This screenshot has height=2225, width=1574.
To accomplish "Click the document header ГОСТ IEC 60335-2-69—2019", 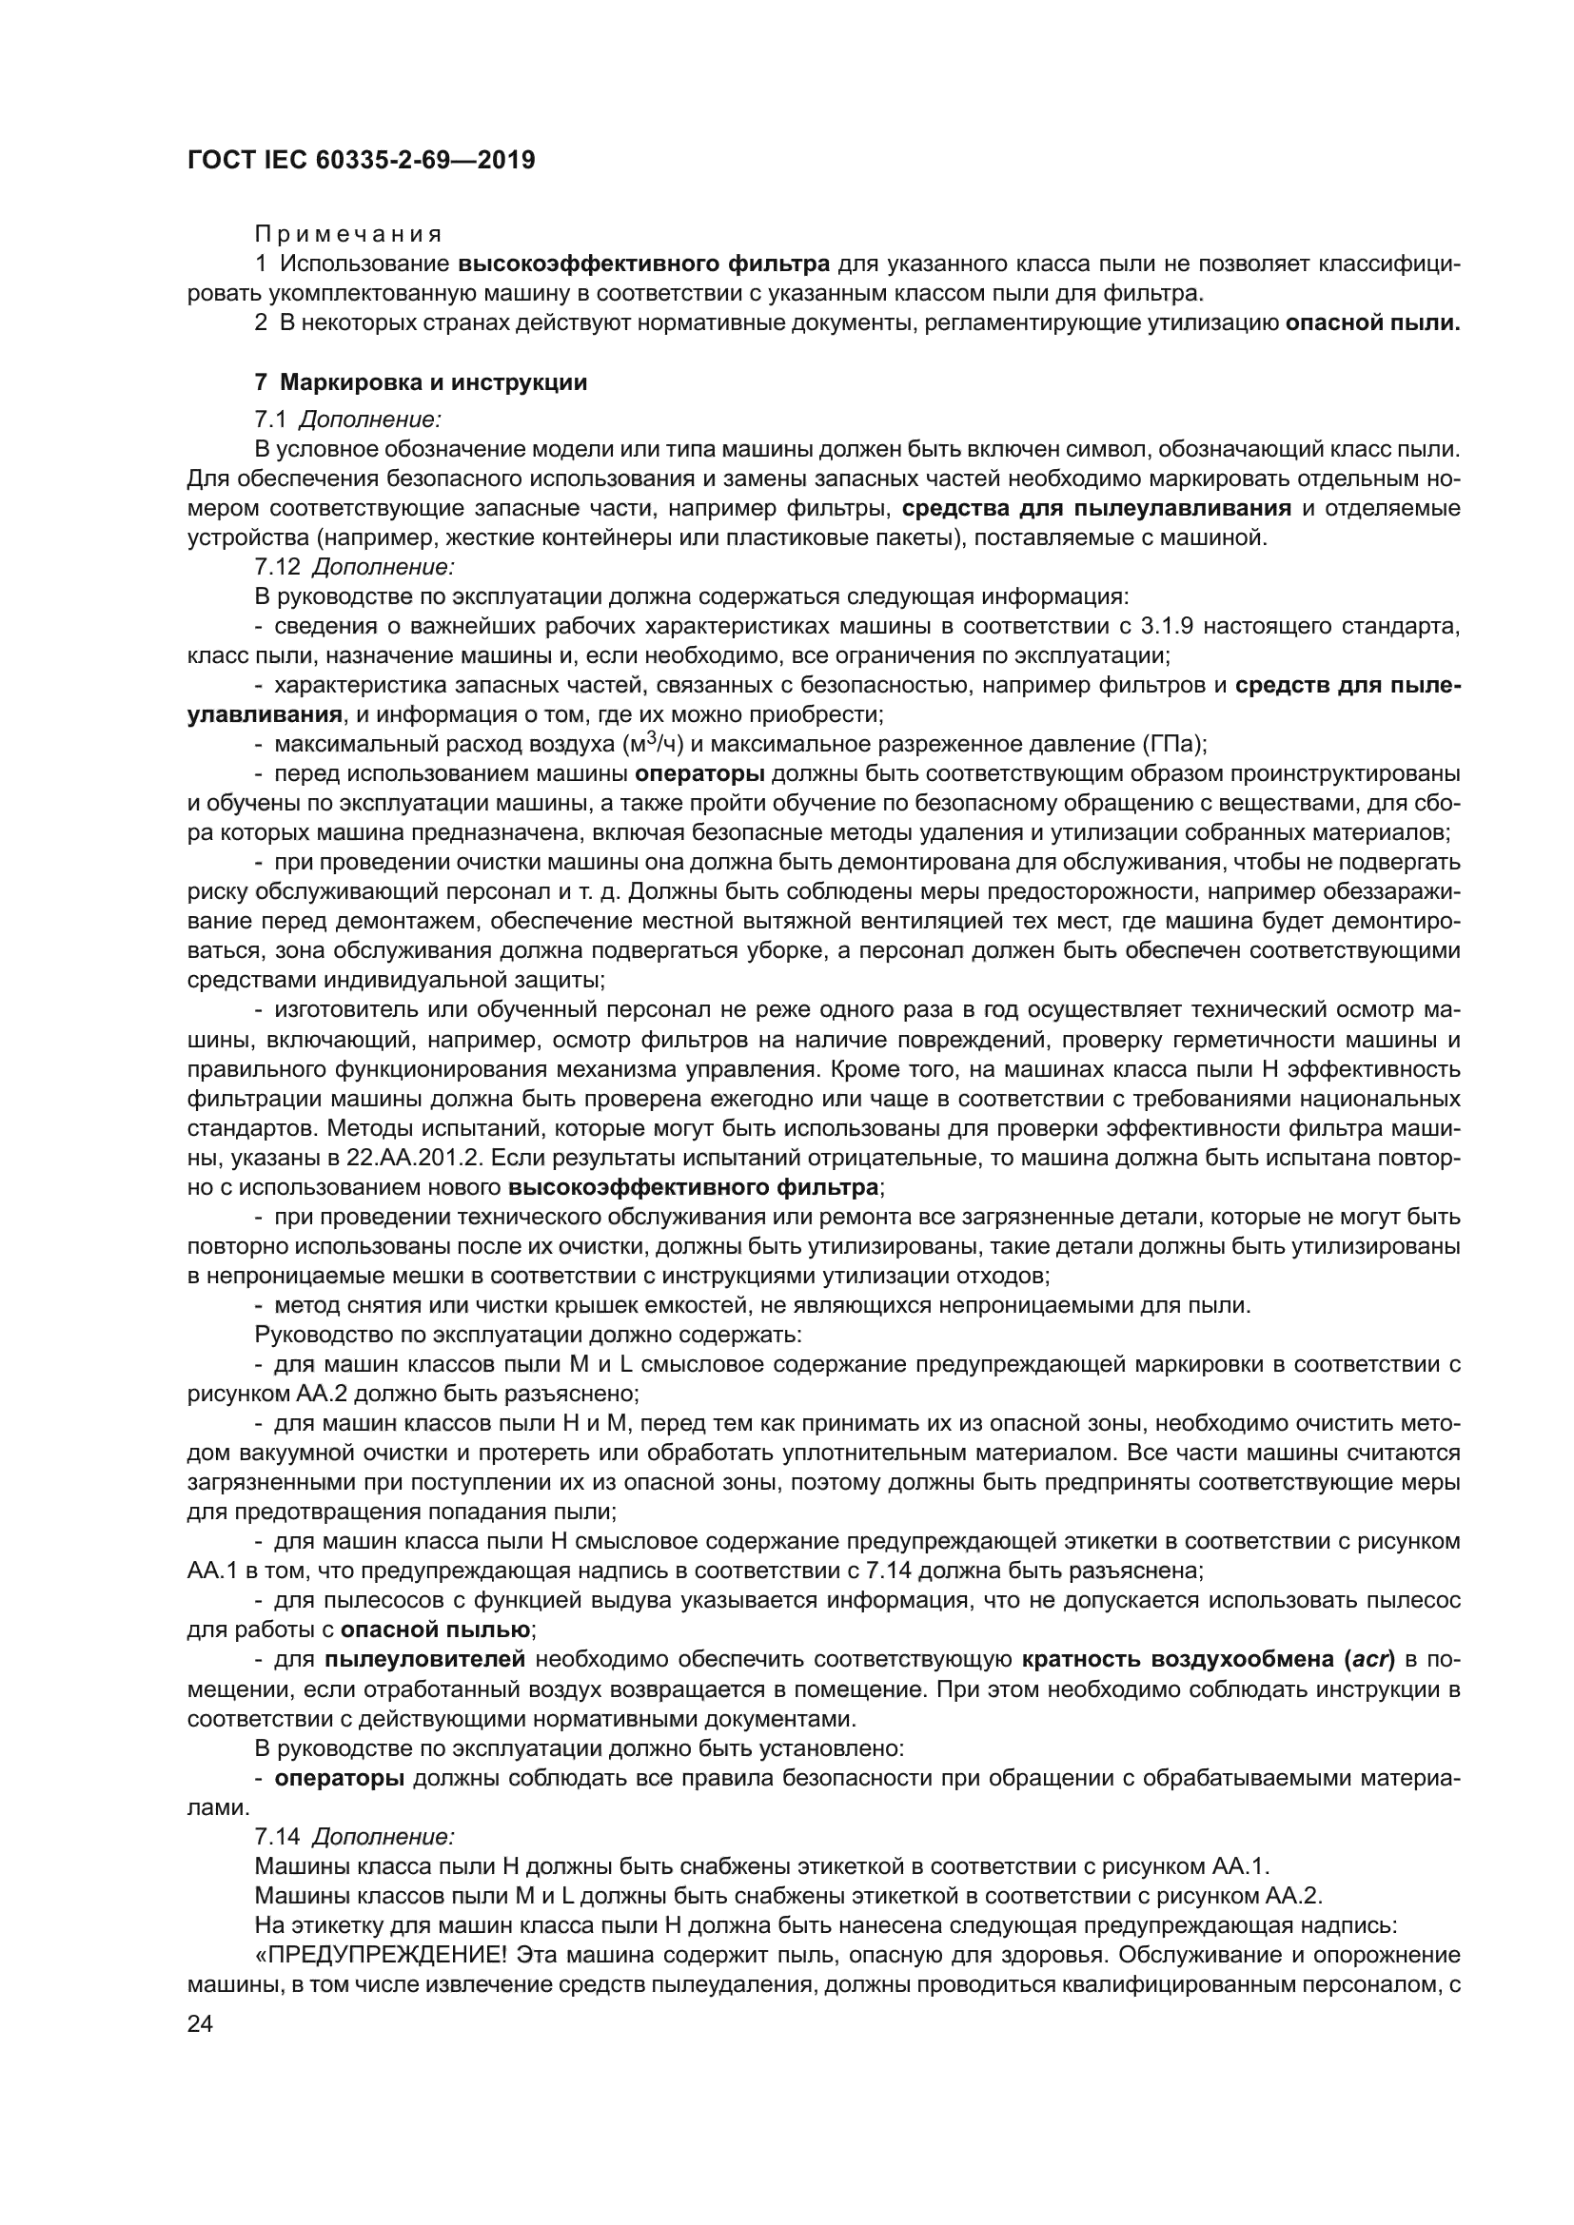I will click(361, 161).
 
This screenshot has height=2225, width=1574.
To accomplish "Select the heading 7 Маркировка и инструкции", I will click(421, 382).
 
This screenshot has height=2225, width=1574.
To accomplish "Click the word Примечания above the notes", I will click(348, 235).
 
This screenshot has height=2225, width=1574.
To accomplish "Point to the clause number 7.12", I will click(278, 566).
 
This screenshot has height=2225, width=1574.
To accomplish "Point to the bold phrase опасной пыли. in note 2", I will click(1372, 322).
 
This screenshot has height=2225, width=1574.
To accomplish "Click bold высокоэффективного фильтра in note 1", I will click(643, 263).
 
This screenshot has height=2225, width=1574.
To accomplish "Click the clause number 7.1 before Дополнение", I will click(270, 420).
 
